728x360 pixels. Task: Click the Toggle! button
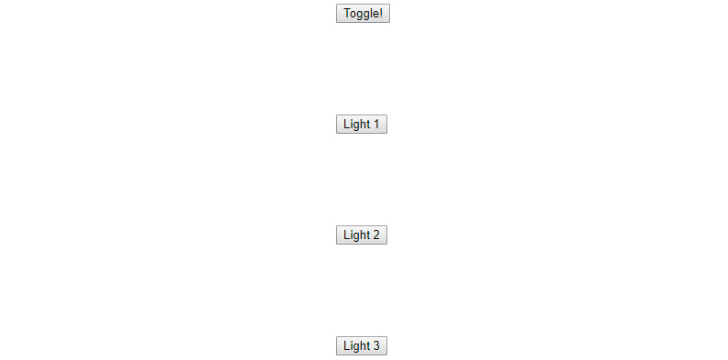coord(363,14)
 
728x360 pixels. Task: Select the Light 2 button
coord(362,235)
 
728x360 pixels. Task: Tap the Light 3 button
coord(362,346)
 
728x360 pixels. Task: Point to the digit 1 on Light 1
coord(376,125)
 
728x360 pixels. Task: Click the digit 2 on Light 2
coord(376,235)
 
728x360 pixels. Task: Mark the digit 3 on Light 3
coord(376,346)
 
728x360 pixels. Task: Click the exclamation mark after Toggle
coord(381,14)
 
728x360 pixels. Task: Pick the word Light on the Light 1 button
coord(356,125)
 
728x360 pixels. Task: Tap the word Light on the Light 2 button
coord(356,235)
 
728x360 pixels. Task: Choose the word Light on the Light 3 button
coord(356,346)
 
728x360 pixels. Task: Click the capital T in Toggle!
coord(347,14)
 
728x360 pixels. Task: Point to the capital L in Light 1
coord(346,125)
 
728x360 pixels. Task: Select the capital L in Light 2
coord(346,235)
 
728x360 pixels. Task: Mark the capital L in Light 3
coord(346,346)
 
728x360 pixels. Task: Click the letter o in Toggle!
coord(353,15)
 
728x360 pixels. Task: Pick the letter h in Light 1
coord(363,125)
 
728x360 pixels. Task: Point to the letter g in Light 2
coord(356,236)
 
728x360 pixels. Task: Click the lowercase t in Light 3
coord(368,346)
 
